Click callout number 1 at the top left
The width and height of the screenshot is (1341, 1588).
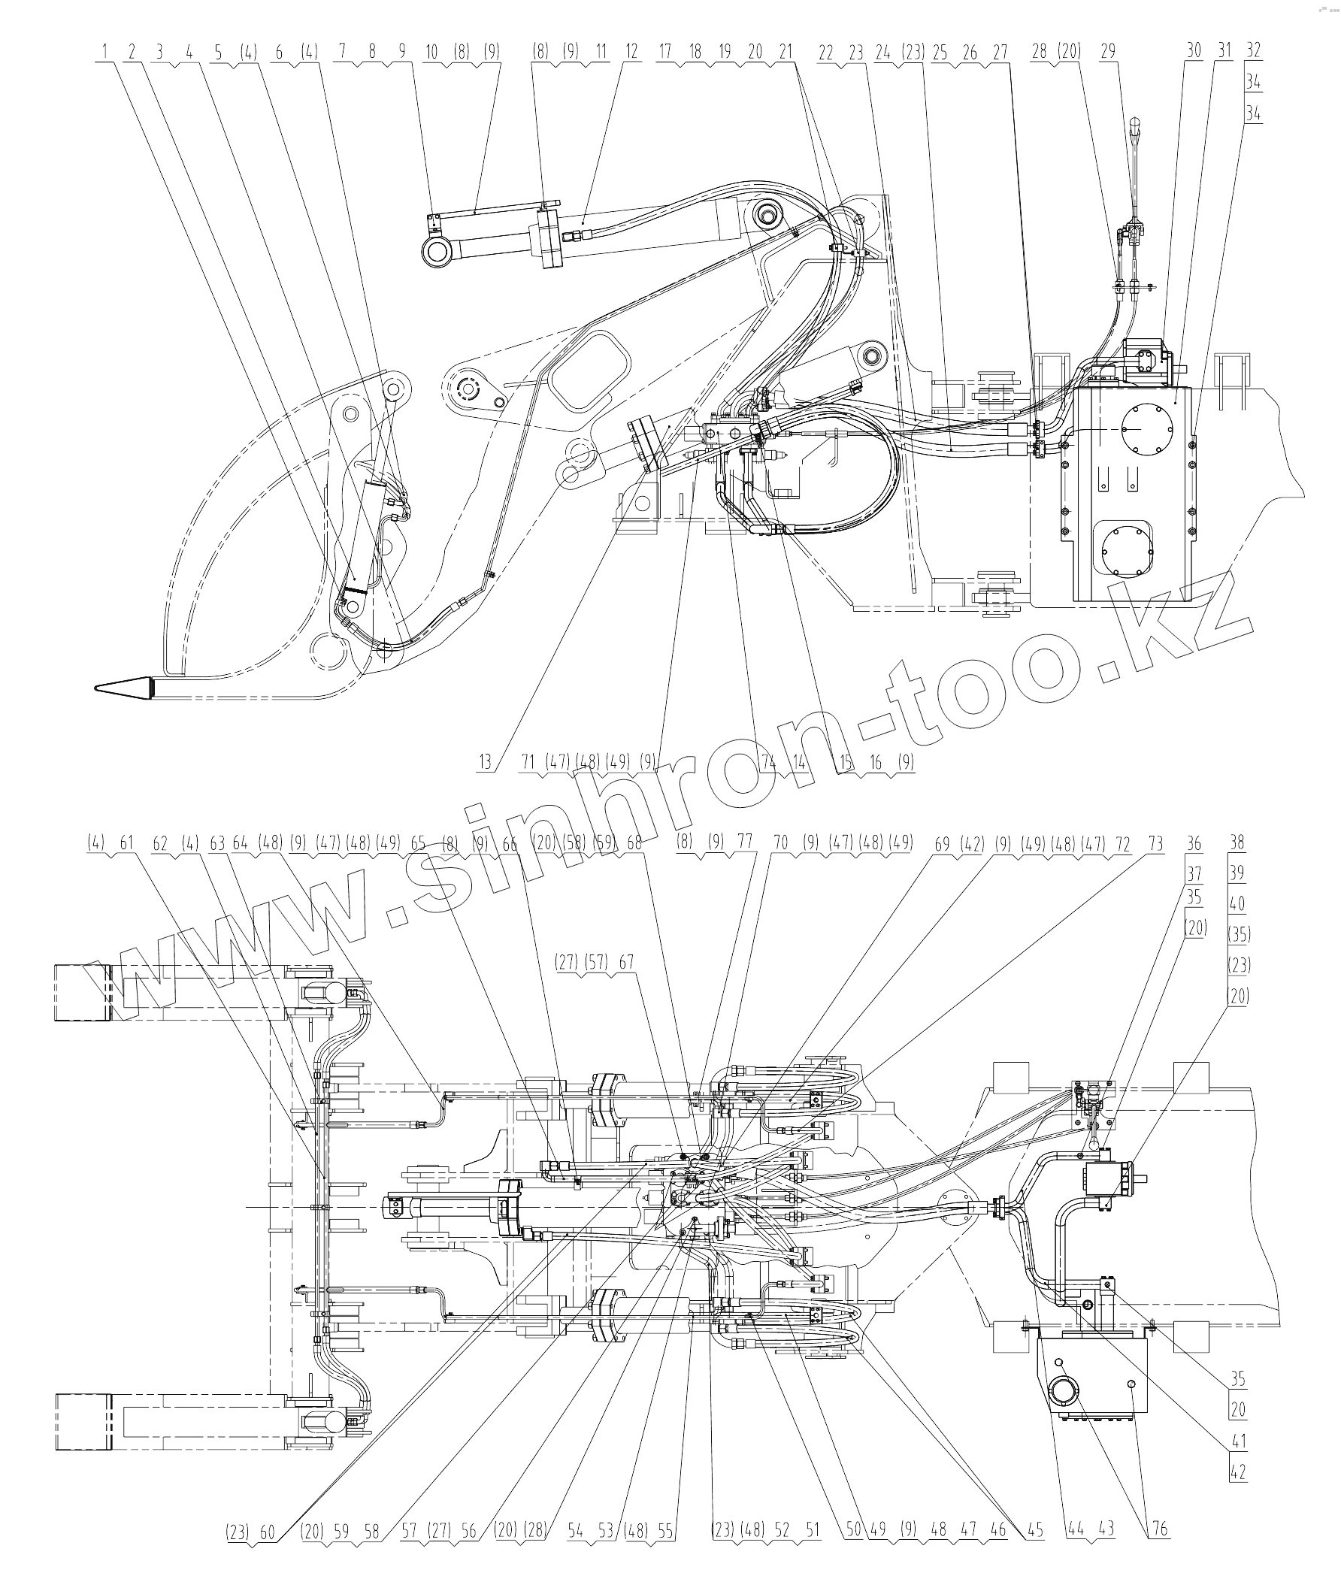coord(104,52)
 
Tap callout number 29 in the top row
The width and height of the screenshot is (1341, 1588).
coord(1108,52)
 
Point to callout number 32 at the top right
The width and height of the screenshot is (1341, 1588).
coord(1254,51)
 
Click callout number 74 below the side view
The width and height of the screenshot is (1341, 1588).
coord(768,762)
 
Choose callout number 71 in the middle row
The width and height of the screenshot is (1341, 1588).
coord(529,762)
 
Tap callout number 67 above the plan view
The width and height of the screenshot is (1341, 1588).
coord(625,963)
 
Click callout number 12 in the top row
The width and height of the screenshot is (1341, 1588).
coord(631,52)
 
